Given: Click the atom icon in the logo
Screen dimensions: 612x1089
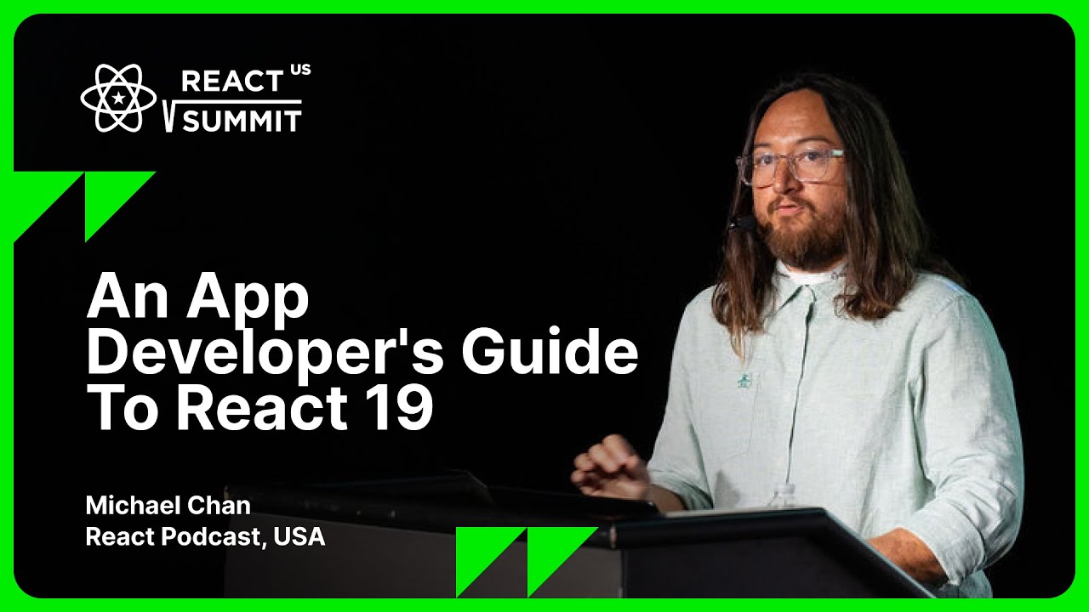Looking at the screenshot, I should click(118, 98).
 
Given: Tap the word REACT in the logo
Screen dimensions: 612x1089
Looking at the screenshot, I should click(231, 82).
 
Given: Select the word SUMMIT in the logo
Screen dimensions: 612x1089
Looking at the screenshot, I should click(242, 121).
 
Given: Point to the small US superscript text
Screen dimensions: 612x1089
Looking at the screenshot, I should click(300, 70).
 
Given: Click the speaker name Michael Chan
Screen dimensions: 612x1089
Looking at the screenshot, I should click(168, 506).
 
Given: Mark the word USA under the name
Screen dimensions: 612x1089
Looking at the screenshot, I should click(299, 537).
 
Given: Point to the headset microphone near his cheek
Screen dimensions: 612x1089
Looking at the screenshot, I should click(741, 223).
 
